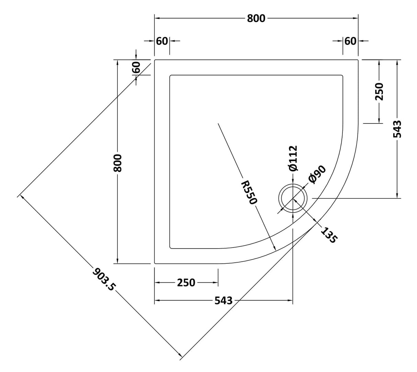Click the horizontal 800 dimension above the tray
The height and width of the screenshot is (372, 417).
tap(256, 18)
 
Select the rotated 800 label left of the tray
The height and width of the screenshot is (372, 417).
tap(117, 163)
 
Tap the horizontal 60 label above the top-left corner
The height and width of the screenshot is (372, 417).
tap(162, 41)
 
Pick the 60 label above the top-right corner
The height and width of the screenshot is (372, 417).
tap(350, 41)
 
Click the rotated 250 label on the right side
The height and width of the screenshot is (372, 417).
tap(379, 91)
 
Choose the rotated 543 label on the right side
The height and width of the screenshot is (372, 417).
tap(397, 129)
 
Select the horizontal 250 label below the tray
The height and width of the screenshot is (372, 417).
tap(186, 283)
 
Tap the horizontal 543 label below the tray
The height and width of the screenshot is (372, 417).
tap(223, 301)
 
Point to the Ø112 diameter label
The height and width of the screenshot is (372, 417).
tap(293, 158)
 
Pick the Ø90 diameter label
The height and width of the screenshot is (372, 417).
tap(316, 175)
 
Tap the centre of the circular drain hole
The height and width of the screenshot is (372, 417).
tap(293, 199)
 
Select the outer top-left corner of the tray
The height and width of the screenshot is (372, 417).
tap(155, 60)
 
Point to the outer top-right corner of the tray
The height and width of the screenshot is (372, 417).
tap(358, 60)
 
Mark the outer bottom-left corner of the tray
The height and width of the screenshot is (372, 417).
tap(155, 263)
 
